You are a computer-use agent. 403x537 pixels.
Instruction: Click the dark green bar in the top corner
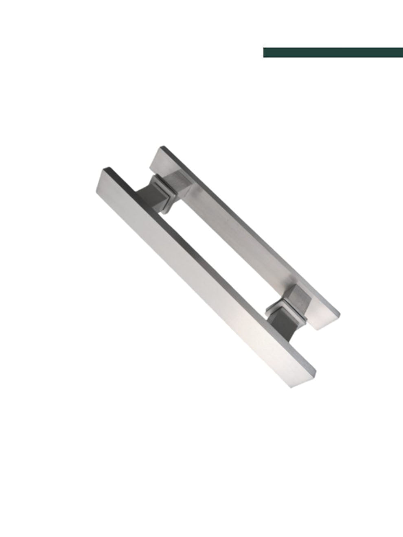click(x=333, y=52)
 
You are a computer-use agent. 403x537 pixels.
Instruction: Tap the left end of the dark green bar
click(x=266, y=52)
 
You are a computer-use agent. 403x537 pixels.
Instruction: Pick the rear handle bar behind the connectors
click(x=240, y=232)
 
